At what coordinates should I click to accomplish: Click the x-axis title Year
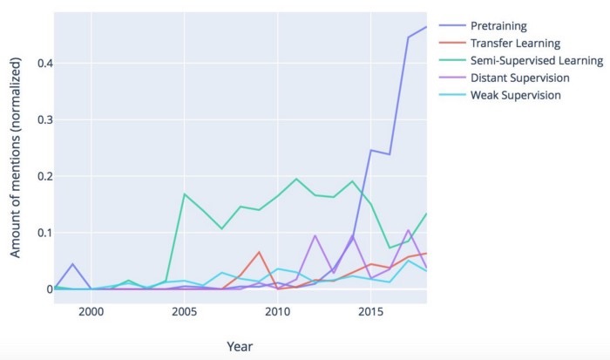pos(240,346)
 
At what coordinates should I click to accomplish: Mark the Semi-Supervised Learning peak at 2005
pos(184,194)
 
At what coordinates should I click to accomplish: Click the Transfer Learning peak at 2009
pos(259,252)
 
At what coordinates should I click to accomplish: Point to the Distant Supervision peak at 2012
pos(315,235)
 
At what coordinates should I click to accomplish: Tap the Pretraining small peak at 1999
pos(73,264)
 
